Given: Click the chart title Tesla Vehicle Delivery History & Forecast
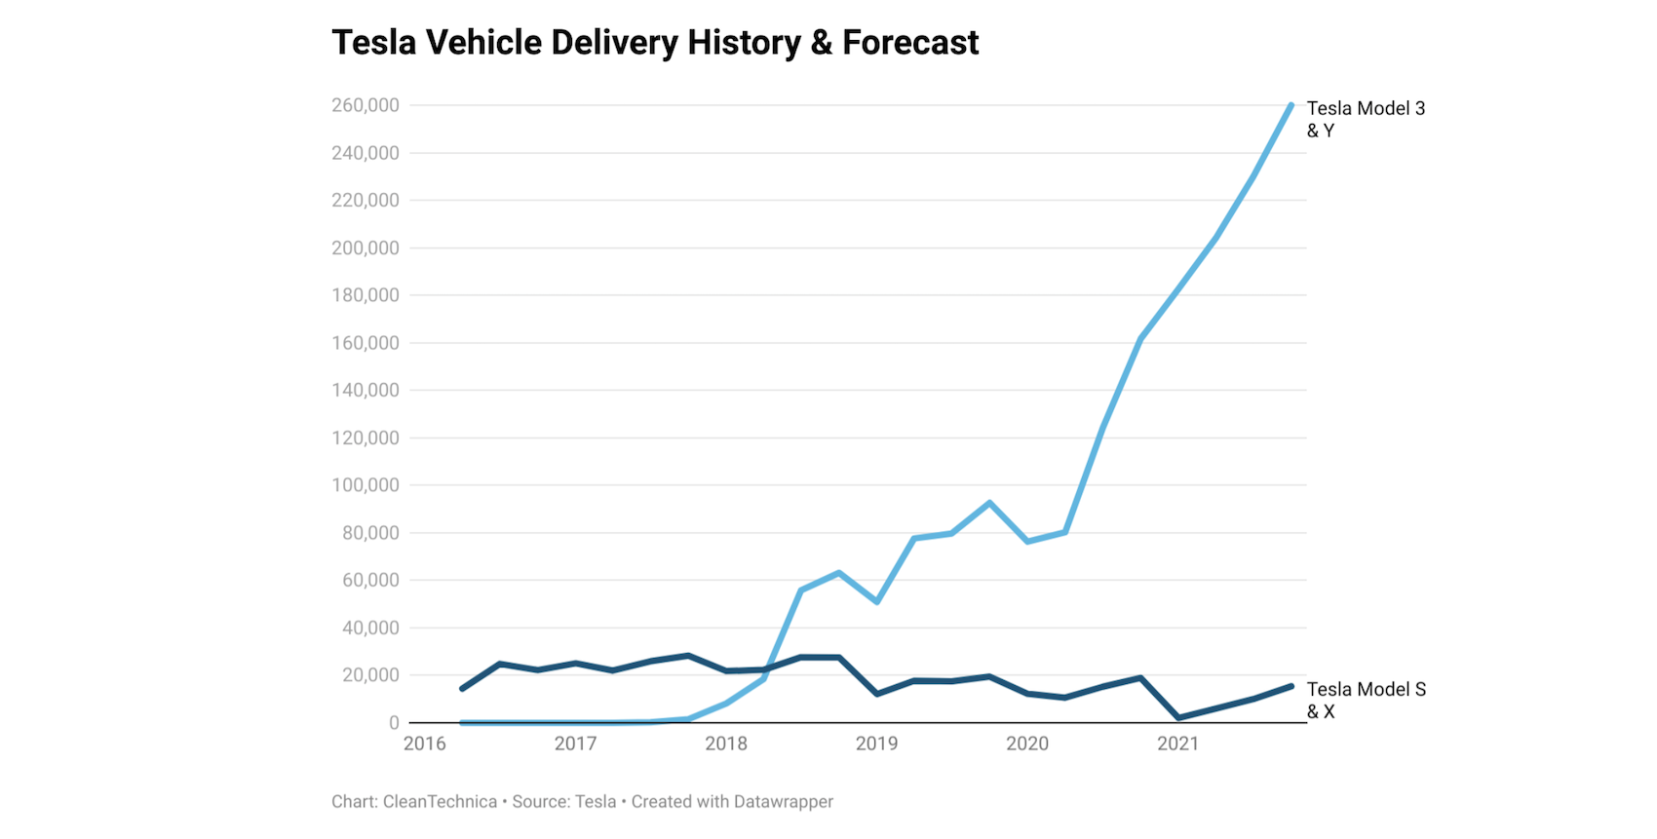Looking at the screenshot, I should (x=655, y=43).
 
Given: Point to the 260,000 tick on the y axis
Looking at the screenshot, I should (x=366, y=105).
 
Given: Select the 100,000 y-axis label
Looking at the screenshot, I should (x=366, y=485).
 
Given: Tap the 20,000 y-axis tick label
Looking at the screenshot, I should (x=370, y=675).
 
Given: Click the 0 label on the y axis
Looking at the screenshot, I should (x=394, y=723).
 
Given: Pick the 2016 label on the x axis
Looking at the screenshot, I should (x=425, y=744).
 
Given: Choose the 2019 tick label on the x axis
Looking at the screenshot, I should (x=876, y=744).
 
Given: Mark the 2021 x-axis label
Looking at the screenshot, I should (x=1177, y=744).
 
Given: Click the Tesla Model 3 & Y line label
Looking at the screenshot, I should (x=1365, y=119).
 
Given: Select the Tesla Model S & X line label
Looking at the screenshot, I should (x=1366, y=701).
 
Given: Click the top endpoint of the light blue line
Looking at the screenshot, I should (x=1291, y=105).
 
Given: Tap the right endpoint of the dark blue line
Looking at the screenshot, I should (x=1291, y=686).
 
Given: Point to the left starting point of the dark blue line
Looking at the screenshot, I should (x=462, y=689).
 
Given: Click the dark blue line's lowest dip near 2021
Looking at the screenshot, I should (x=1179, y=718).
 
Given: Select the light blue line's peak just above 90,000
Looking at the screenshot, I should (x=989, y=503).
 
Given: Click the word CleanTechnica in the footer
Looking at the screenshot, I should (x=440, y=802).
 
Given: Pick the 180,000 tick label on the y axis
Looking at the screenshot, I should (x=366, y=295).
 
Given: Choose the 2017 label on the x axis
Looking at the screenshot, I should (x=575, y=744).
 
